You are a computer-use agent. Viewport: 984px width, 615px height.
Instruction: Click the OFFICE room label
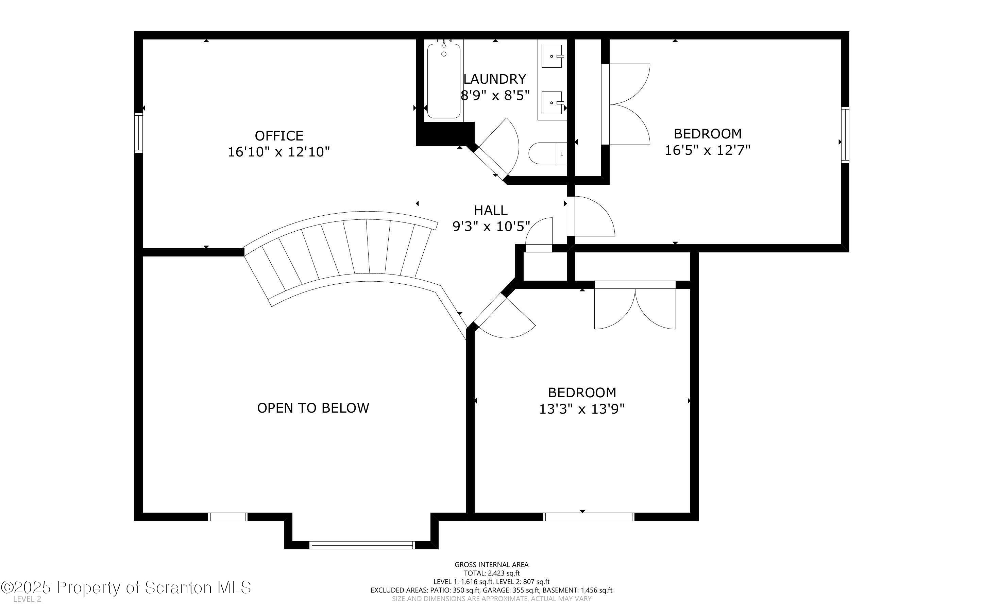(279, 135)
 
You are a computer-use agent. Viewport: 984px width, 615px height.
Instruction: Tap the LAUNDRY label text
(495, 79)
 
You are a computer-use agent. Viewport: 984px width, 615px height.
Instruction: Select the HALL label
(491, 210)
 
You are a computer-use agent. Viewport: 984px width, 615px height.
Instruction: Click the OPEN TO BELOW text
(313, 408)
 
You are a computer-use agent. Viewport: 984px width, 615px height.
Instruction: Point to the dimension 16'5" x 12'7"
(707, 150)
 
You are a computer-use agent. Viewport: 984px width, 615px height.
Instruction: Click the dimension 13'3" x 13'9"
(582, 409)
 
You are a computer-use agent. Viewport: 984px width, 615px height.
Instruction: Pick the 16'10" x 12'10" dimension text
(278, 152)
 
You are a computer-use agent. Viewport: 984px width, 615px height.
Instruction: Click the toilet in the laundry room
(547, 153)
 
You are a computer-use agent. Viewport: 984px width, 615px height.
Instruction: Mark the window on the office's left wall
(139, 133)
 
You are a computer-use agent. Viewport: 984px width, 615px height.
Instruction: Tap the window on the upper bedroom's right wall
(845, 135)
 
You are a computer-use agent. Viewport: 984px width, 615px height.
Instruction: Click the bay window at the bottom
(362, 545)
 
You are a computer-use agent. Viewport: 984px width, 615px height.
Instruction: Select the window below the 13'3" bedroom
(589, 517)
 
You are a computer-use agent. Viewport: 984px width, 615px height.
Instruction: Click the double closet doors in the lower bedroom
(635, 305)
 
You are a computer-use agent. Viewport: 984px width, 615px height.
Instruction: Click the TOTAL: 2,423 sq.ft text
(491, 573)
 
